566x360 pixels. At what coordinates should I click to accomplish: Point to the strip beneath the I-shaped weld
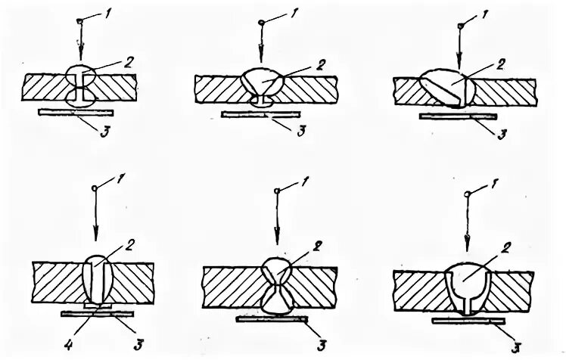pyautogui.click(x=79, y=113)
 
